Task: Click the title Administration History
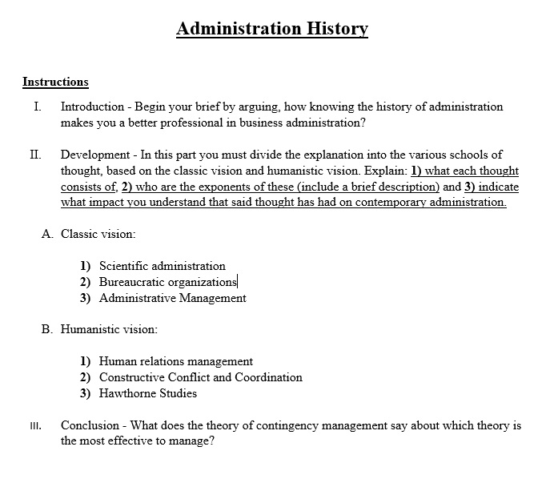click(x=272, y=29)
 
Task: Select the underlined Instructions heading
click(x=55, y=82)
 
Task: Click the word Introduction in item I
click(x=92, y=107)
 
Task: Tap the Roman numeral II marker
click(x=36, y=155)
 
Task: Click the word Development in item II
click(x=92, y=155)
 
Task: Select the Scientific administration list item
click(x=162, y=266)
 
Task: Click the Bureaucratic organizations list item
click(x=167, y=282)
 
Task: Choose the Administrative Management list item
click(x=172, y=298)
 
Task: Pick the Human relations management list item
click(x=175, y=361)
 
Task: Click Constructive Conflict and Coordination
click(x=200, y=377)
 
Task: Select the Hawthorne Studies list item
click(x=147, y=393)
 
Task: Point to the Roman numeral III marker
click(x=35, y=426)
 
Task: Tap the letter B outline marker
click(x=46, y=329)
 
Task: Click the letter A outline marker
click(x=46, y=234)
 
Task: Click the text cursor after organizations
click(x=238, y=282)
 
